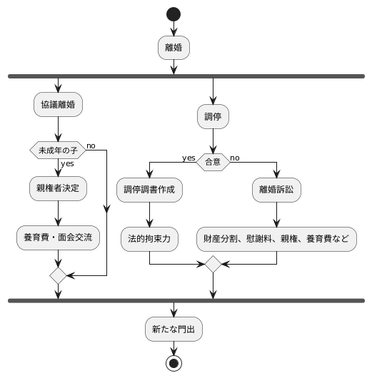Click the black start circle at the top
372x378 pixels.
[x=174, y=14]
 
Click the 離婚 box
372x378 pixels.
[x=174, y=48]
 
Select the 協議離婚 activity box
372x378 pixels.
[x=58, y=104]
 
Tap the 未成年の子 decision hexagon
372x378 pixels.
[x=58, y=150]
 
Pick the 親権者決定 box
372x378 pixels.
[x=58, y=189]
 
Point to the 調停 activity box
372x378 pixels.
[x=213, y=117]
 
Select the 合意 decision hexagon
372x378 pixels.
[x=213, y=163]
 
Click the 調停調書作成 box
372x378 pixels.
[x=149, y=189]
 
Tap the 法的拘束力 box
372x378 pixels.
[x=149, y=237]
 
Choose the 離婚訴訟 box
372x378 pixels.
[x=276, y=189]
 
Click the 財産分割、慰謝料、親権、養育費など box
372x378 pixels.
[x=276, y=237]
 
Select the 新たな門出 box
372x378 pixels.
[x=174, y=330]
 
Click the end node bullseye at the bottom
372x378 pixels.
[x=174, y=363]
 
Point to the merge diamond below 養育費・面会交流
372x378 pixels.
[x=58, y=275]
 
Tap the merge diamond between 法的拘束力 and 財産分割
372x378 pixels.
[x=213, y=264]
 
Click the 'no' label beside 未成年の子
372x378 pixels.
[x=91, y=145]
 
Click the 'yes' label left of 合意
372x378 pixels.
[x=189, y=158]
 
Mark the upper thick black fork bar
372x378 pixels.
[x=186, y=76]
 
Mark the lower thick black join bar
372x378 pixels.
[x=186, y=301]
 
